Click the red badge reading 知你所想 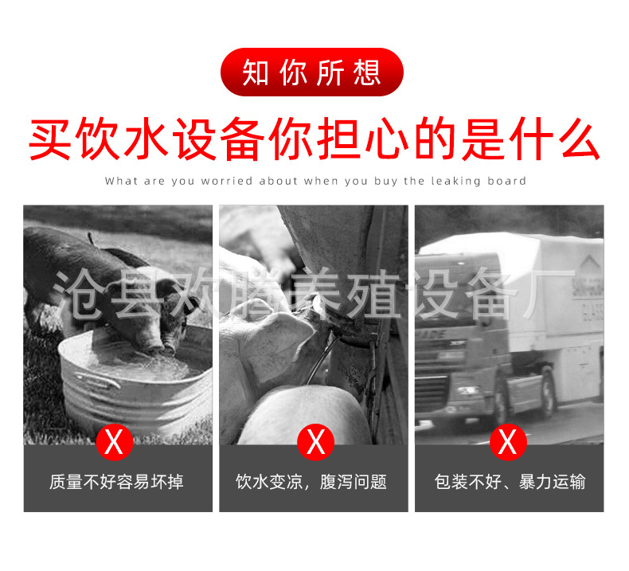[x=311, y=72]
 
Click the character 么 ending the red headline [x=580, y=139]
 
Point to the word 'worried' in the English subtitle [x=227, y=181]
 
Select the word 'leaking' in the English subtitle [x=455, y=182]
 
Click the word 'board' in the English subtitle [x=506, y=181]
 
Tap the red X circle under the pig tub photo [x=115, y=442]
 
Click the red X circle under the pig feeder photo [x=316, y=442]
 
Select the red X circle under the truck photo [x=508, y=442]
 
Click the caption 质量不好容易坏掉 [x=116, y=482]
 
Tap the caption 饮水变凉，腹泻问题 [x=311, y=482]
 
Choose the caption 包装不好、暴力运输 [x=510, y=482]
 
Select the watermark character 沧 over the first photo [x=76, y=294]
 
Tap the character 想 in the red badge [x=367, y=72]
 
